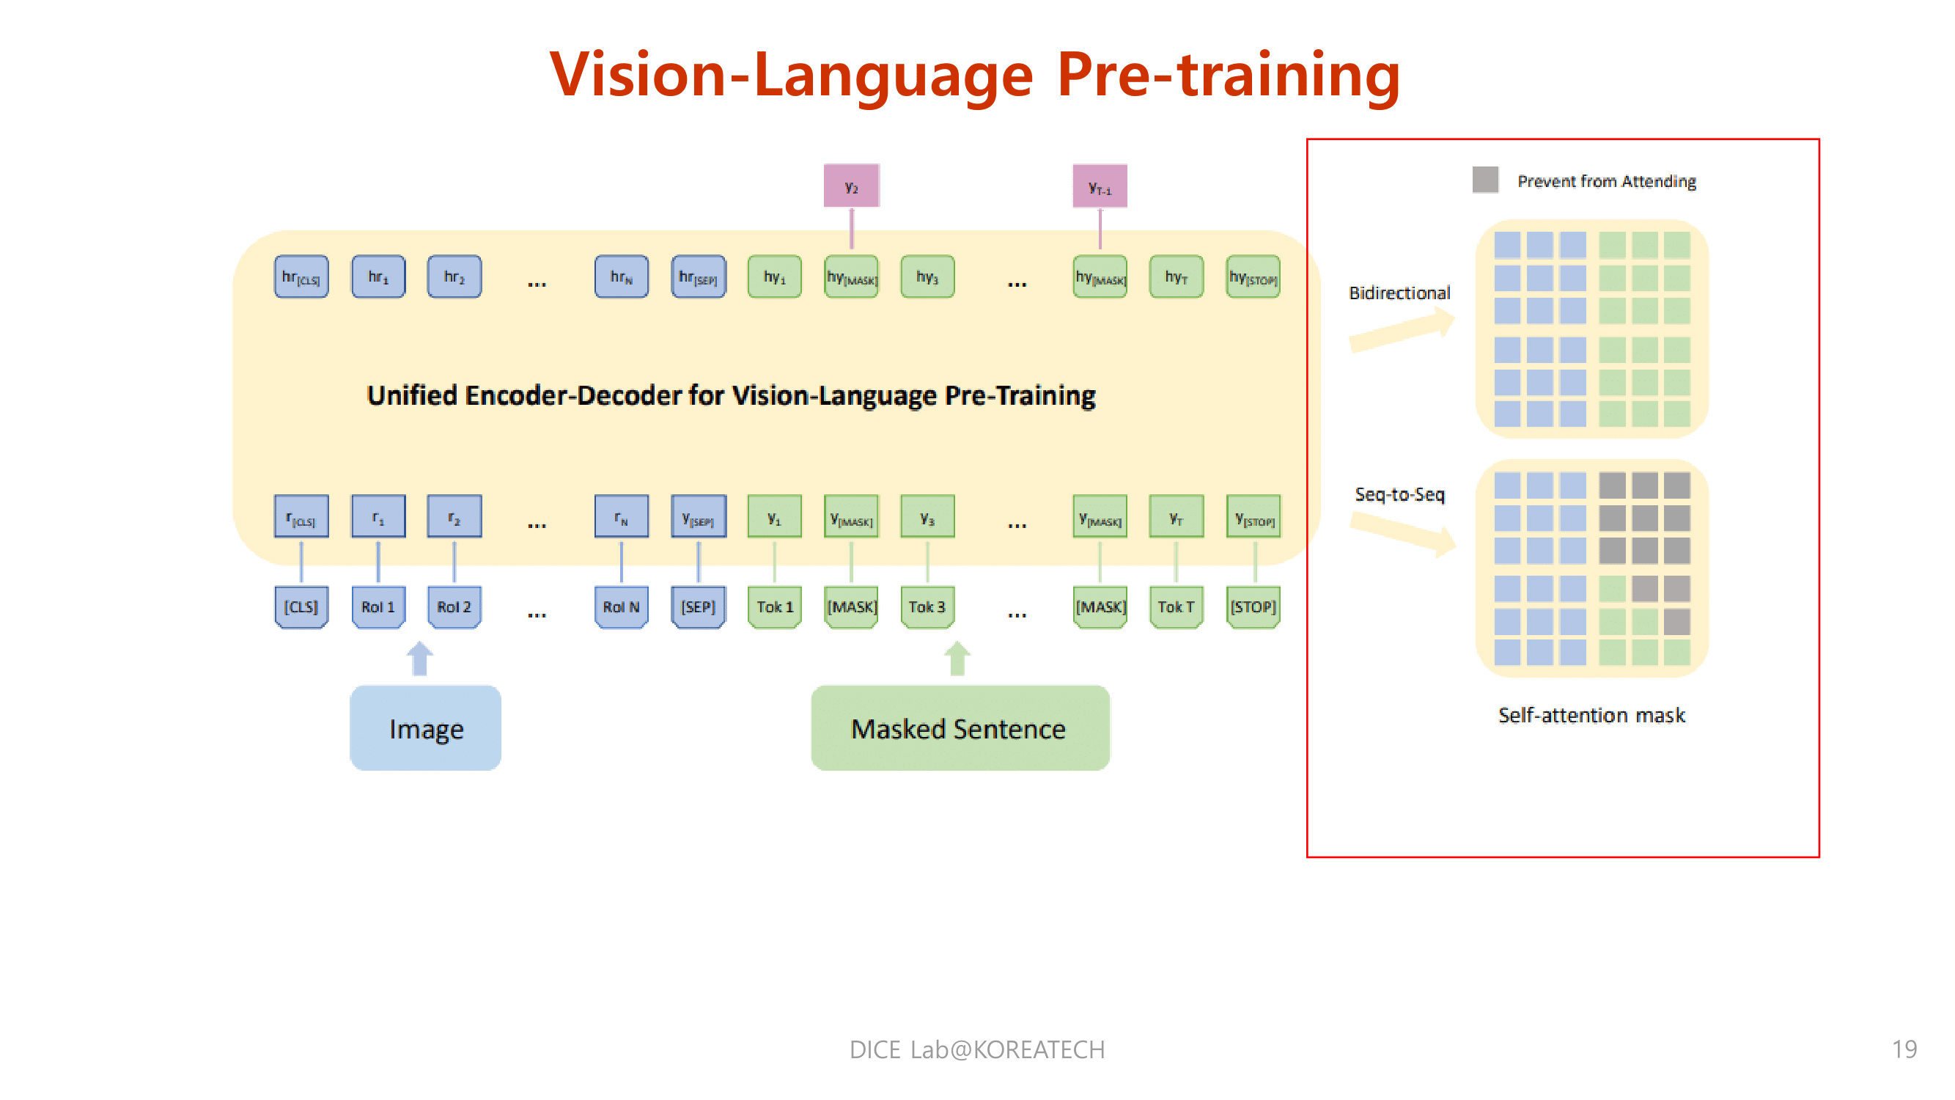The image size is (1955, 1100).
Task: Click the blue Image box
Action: tap(425, 728)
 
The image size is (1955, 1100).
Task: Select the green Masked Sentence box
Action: tap(960, 728)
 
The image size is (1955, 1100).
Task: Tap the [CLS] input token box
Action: tap(301, 606)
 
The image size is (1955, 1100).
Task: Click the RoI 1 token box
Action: tap(378, 606)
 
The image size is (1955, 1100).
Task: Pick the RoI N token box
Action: tap(621, 606)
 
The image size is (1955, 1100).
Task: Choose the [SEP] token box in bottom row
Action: tap(698, 606)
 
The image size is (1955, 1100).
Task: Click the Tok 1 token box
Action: tap(774, 606)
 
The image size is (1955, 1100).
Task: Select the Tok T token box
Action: tap(1176, 606)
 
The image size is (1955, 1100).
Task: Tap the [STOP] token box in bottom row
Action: tap(1253, 606)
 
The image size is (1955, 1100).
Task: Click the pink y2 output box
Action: tap(852, 186)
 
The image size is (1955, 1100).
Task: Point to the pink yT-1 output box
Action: tap(1100, 186)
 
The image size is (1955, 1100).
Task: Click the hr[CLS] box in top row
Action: tap(301, 276)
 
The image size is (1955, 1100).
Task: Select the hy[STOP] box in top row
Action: tap(1253, 276)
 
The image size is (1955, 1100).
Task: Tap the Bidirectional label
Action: tap(1399, 293)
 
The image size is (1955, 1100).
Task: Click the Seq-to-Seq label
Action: tap(1399, 494)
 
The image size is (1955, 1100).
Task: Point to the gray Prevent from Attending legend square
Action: tap(1484, 180)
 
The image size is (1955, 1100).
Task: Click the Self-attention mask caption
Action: tap(1591, 715)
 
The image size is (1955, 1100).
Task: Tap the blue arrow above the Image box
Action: tap(420, 659)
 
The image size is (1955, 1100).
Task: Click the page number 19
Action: tap(1904, 1049)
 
